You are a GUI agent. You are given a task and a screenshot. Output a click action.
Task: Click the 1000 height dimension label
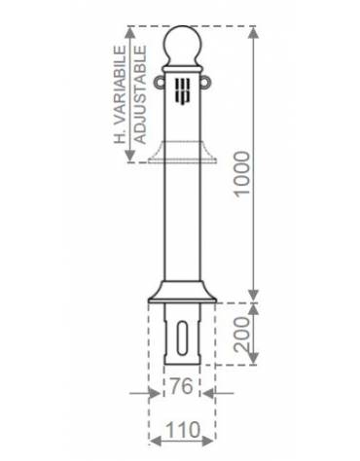click(x=243, y=173)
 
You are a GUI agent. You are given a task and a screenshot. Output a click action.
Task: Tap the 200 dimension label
click(x=242, y=335)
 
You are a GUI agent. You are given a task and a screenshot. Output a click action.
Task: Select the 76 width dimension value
click(x=182, y=386)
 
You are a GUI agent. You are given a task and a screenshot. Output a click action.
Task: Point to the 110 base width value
click(x=183, y=430)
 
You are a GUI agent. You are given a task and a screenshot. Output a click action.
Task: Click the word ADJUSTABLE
click(x=140, y=94)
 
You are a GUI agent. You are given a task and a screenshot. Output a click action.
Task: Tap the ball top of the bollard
click(x=182, y=46)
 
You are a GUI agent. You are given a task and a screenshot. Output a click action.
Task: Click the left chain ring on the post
click(x=159, y=82)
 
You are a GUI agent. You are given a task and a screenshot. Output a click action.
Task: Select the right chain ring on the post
click(x=204, y=82)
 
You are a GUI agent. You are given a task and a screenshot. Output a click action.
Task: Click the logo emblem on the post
click(x=182, y=92)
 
